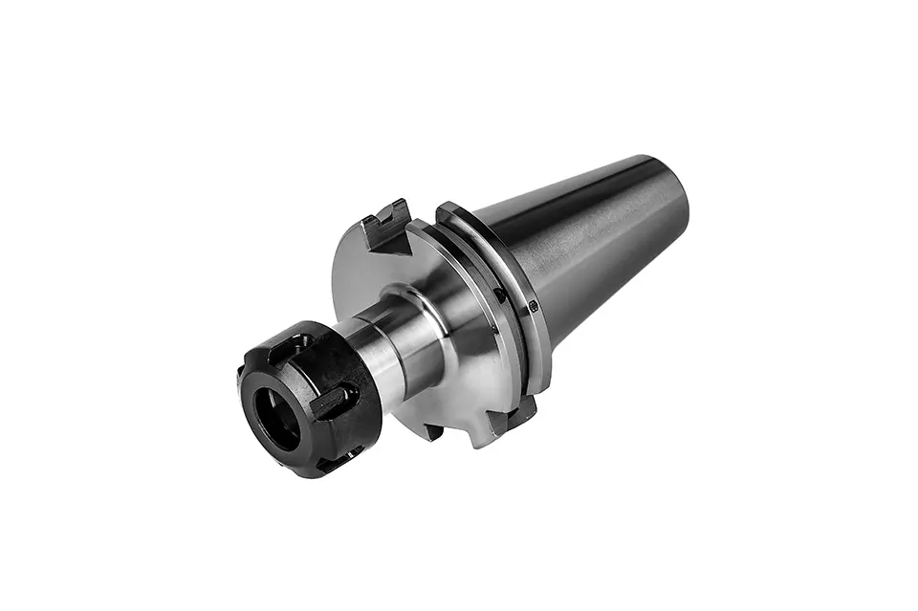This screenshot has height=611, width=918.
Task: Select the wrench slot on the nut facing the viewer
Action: coord(330,403)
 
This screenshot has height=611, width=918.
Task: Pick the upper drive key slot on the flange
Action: coord(386,228)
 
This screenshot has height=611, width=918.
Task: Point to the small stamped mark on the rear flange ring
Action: coord(533,306)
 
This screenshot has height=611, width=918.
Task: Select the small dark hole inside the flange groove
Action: coord(498,295)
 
